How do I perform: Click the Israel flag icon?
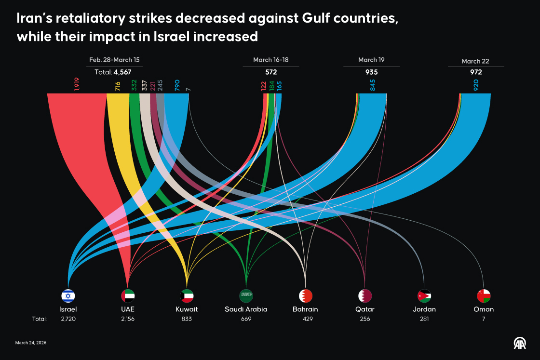point(68,295)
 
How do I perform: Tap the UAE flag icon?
point(128,295)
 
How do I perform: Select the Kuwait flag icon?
point(187,295)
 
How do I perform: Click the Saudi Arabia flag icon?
point(246,295)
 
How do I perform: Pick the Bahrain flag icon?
point(306,295)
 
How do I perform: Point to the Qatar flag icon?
point(365,295)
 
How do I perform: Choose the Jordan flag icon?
point(424,295)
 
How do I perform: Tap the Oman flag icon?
point(484,295)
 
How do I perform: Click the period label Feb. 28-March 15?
point(114,60)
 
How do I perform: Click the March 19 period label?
point(371,60)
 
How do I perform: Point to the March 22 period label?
point(475,61)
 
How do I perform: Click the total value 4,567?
point(122,72)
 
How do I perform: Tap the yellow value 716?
point(118,86)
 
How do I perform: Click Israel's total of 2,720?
point(68,319)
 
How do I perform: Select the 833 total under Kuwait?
point(187,319)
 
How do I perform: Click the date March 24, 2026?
point(31,343)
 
